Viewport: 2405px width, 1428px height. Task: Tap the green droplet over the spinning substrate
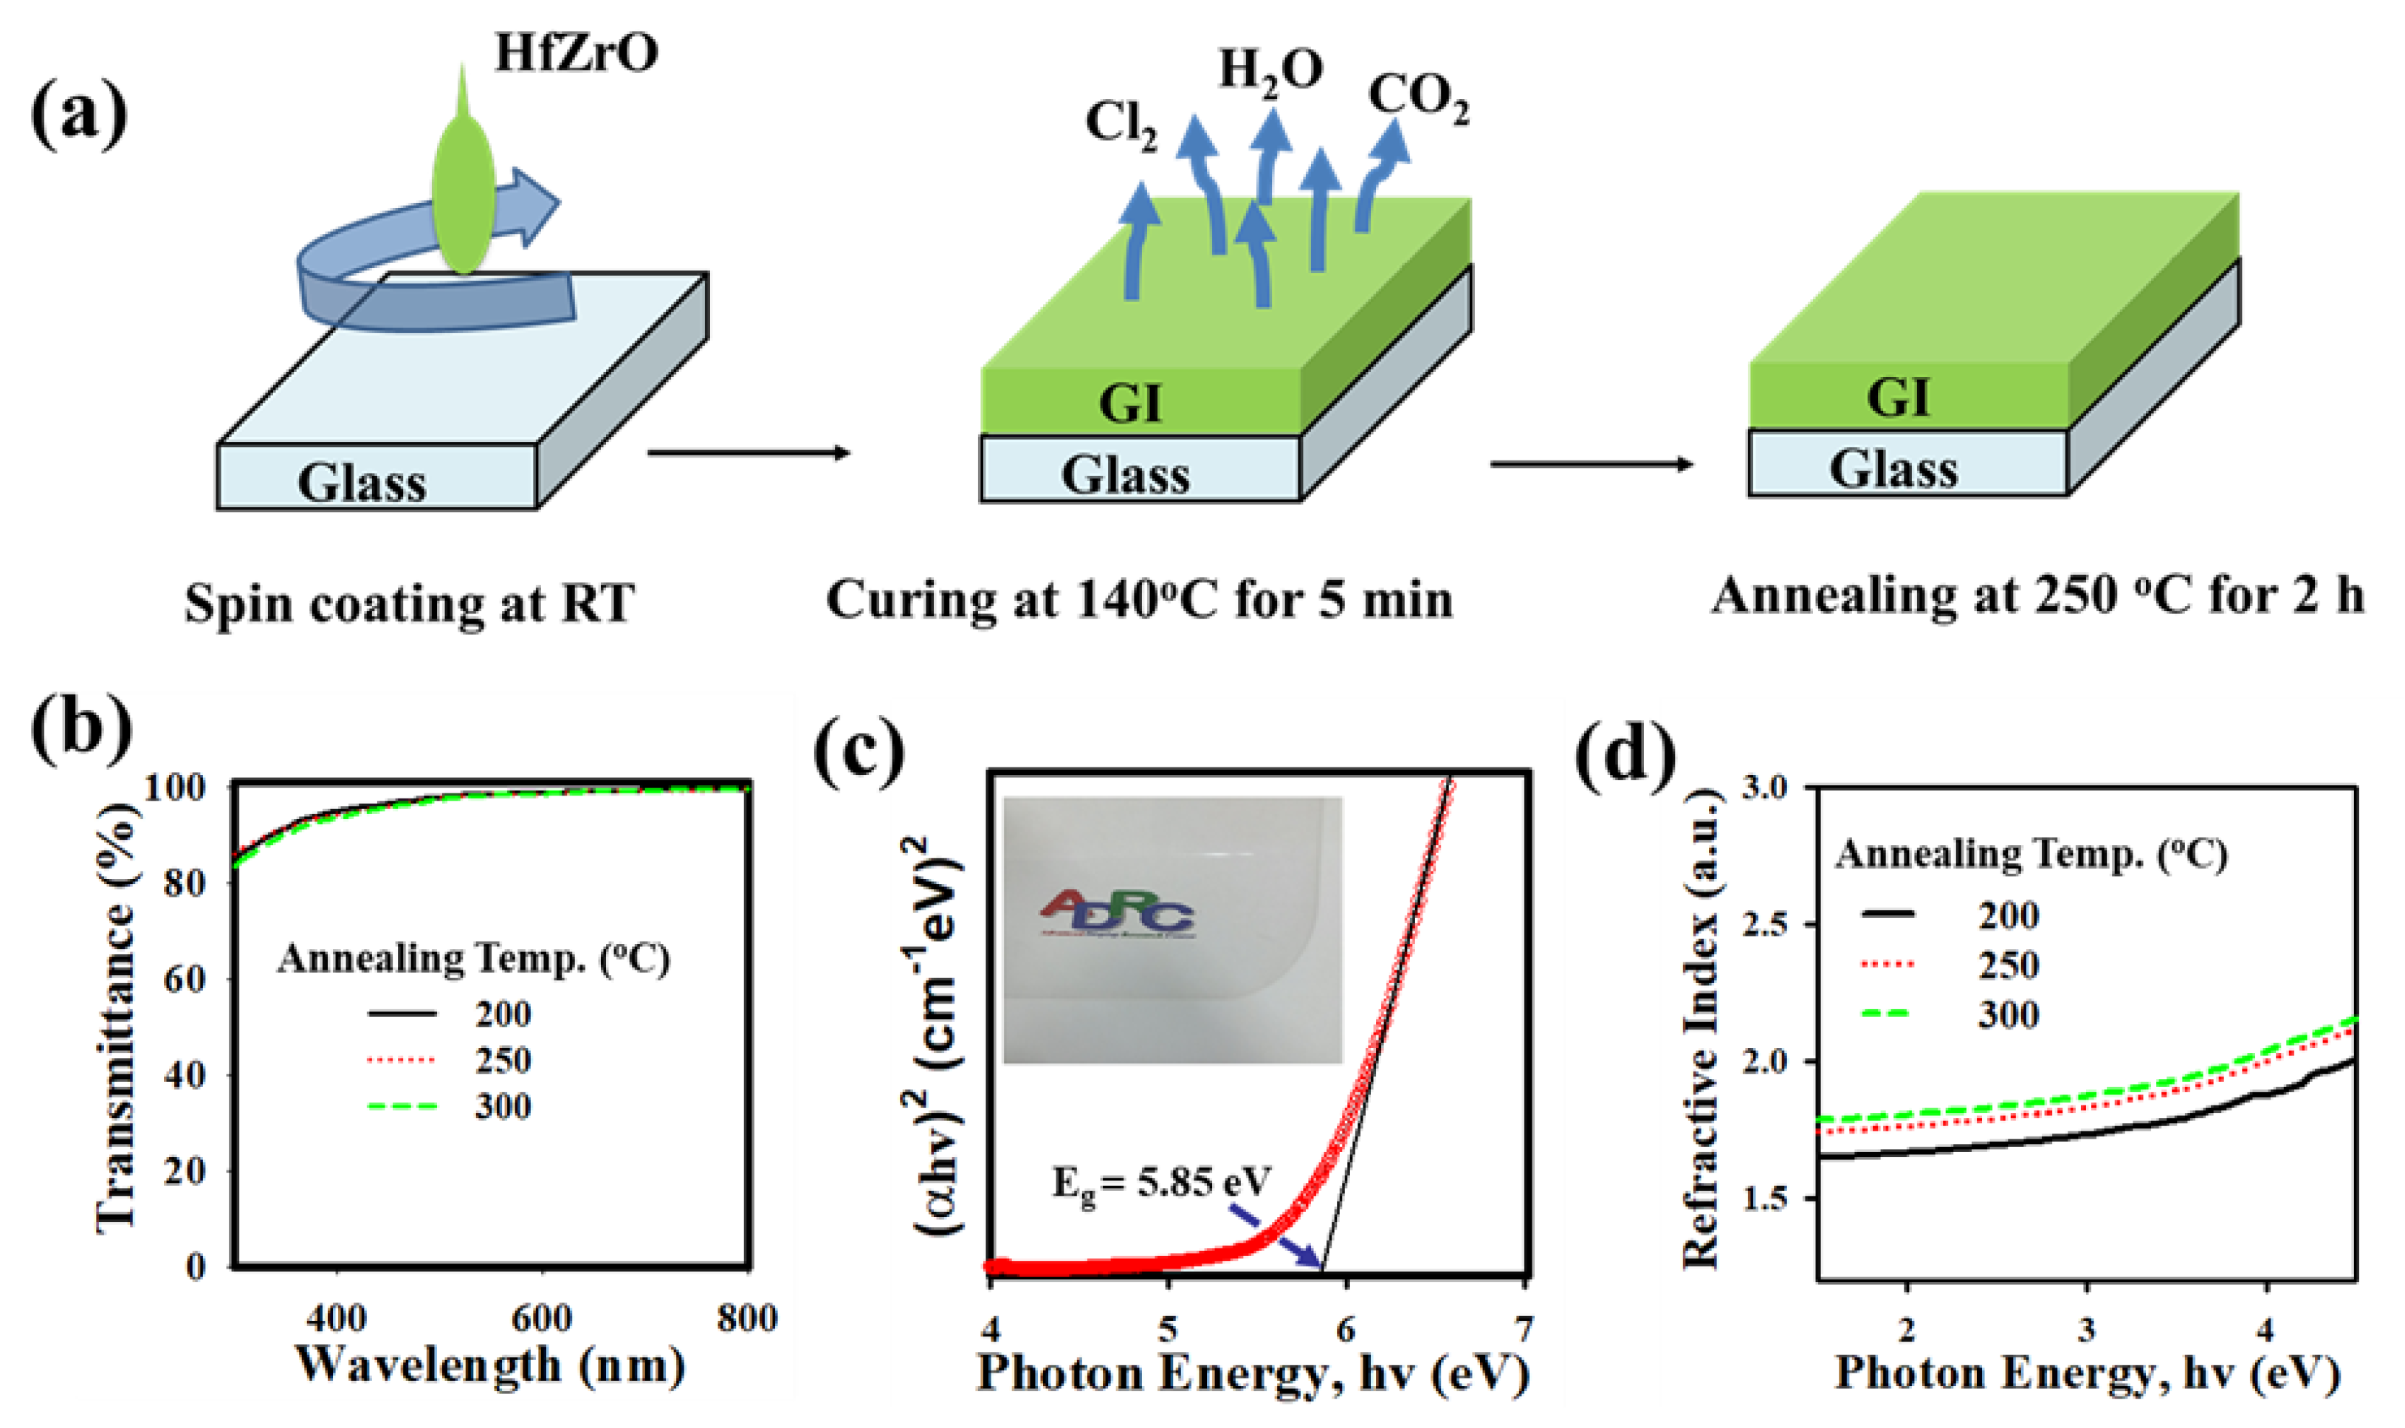pyautogui.click(x=464, y=193)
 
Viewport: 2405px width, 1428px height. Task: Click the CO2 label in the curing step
pyautogui.click(x=1419, y=98)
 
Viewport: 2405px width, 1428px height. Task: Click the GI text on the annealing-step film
pyautogui.click(x=1898, y=396)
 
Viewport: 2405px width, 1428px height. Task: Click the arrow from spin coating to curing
pyautogui.click(x=749, y=452)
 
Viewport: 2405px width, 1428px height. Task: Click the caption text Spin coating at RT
pyautogui.click(x=409, y=604)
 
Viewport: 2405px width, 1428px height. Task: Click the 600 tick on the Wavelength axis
pyautogui.click(x=542, y=1317)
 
